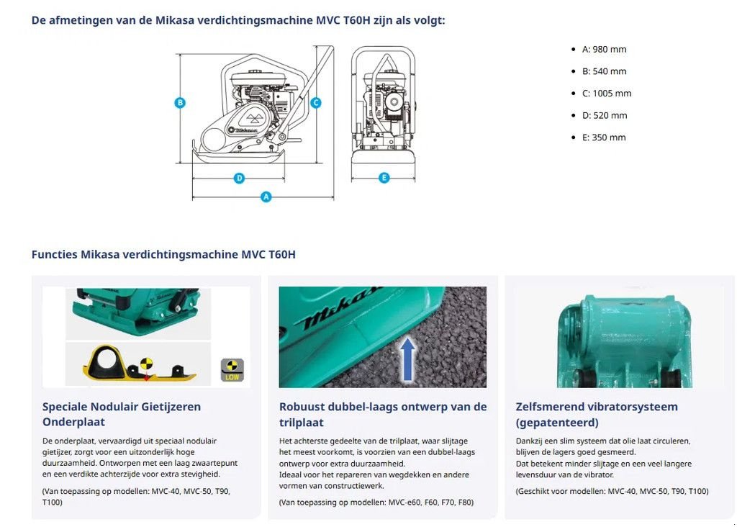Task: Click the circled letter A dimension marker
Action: [x=266, y=197]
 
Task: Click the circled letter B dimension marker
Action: [x=180, y=102]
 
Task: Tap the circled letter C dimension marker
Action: [x=315, y=102]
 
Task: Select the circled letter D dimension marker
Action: [x=240, y=178]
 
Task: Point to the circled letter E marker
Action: [x=384, y=178]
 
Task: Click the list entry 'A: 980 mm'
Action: [x=604, y=49]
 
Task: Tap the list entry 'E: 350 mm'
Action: [x=604, y=137]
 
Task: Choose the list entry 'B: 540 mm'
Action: [x=604, y=71]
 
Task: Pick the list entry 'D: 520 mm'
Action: [x=604, y=114]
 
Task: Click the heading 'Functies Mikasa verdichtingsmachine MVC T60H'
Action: [x=163, y=254]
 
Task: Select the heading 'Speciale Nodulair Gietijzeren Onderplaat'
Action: [x=122, y=414]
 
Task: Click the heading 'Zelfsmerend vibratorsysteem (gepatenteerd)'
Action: [x=597, y=414]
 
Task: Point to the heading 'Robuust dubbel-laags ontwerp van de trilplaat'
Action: [x=383, y=414]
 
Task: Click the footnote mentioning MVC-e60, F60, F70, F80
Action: [x=376, y=502]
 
